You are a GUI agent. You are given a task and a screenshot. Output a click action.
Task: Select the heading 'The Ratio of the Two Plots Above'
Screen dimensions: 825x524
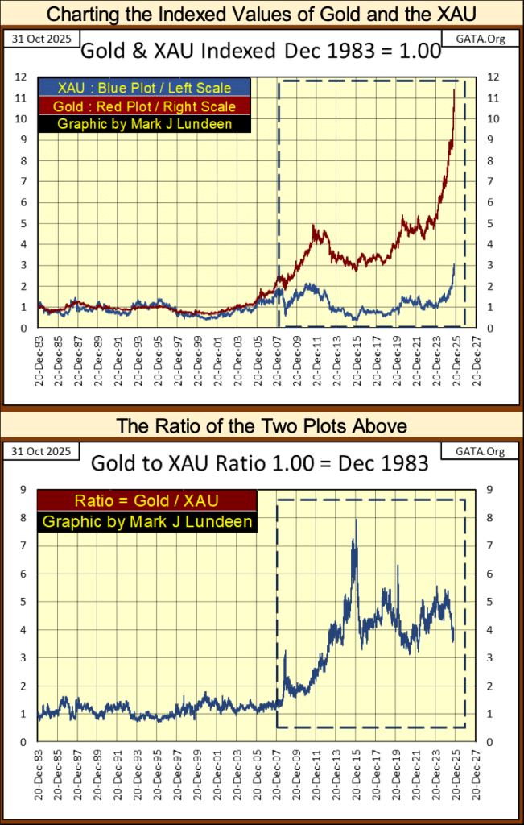[262, 425]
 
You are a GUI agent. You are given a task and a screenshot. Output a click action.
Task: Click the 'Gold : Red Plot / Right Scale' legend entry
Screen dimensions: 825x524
[144, 106]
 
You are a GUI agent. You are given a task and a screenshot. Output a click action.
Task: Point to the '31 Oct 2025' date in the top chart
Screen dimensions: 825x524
[34, 39]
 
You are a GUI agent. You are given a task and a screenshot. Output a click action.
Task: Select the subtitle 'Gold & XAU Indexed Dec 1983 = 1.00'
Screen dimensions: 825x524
[262, 52]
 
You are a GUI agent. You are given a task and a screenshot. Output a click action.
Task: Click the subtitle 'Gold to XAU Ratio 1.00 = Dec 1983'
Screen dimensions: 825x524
[262, 464]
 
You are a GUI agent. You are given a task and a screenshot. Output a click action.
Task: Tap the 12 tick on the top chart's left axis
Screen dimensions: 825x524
[24, 77]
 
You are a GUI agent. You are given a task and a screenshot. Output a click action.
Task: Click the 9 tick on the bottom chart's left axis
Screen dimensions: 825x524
[25, 489]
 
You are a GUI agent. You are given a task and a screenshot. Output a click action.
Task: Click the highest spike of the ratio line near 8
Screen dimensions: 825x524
[356, 520]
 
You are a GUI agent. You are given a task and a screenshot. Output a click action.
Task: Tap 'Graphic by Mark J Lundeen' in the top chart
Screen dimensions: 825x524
[144, 124]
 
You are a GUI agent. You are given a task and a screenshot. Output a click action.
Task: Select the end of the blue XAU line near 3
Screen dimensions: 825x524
[454, 265]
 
